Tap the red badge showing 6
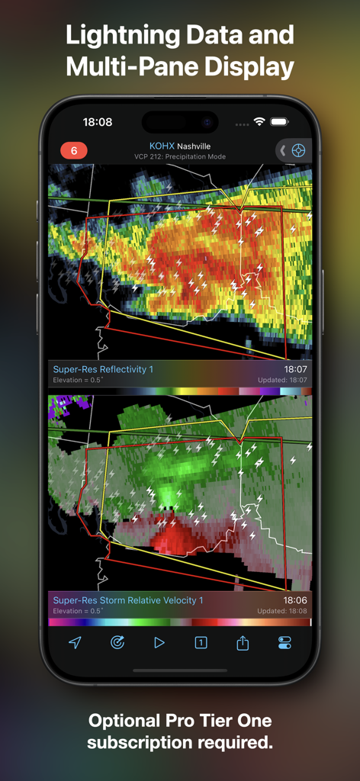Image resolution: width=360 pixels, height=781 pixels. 74,150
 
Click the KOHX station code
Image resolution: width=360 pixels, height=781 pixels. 162,146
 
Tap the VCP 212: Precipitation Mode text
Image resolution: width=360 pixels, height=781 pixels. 179,156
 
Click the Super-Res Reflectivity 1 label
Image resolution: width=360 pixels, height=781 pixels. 103,369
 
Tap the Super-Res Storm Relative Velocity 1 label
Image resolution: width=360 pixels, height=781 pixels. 128,600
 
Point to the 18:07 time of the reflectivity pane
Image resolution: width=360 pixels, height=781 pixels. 296,369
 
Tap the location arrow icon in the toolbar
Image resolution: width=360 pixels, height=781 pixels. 75,643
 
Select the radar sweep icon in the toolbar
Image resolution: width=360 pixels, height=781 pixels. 117,643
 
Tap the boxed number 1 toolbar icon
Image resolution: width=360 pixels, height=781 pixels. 201,643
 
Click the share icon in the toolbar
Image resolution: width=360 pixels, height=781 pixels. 243,643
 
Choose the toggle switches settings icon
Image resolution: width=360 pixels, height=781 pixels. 284,643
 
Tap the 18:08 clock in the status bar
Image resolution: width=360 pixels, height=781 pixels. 98,122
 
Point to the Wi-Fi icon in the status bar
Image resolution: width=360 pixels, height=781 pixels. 259,122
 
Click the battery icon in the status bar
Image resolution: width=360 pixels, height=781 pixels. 279,122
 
